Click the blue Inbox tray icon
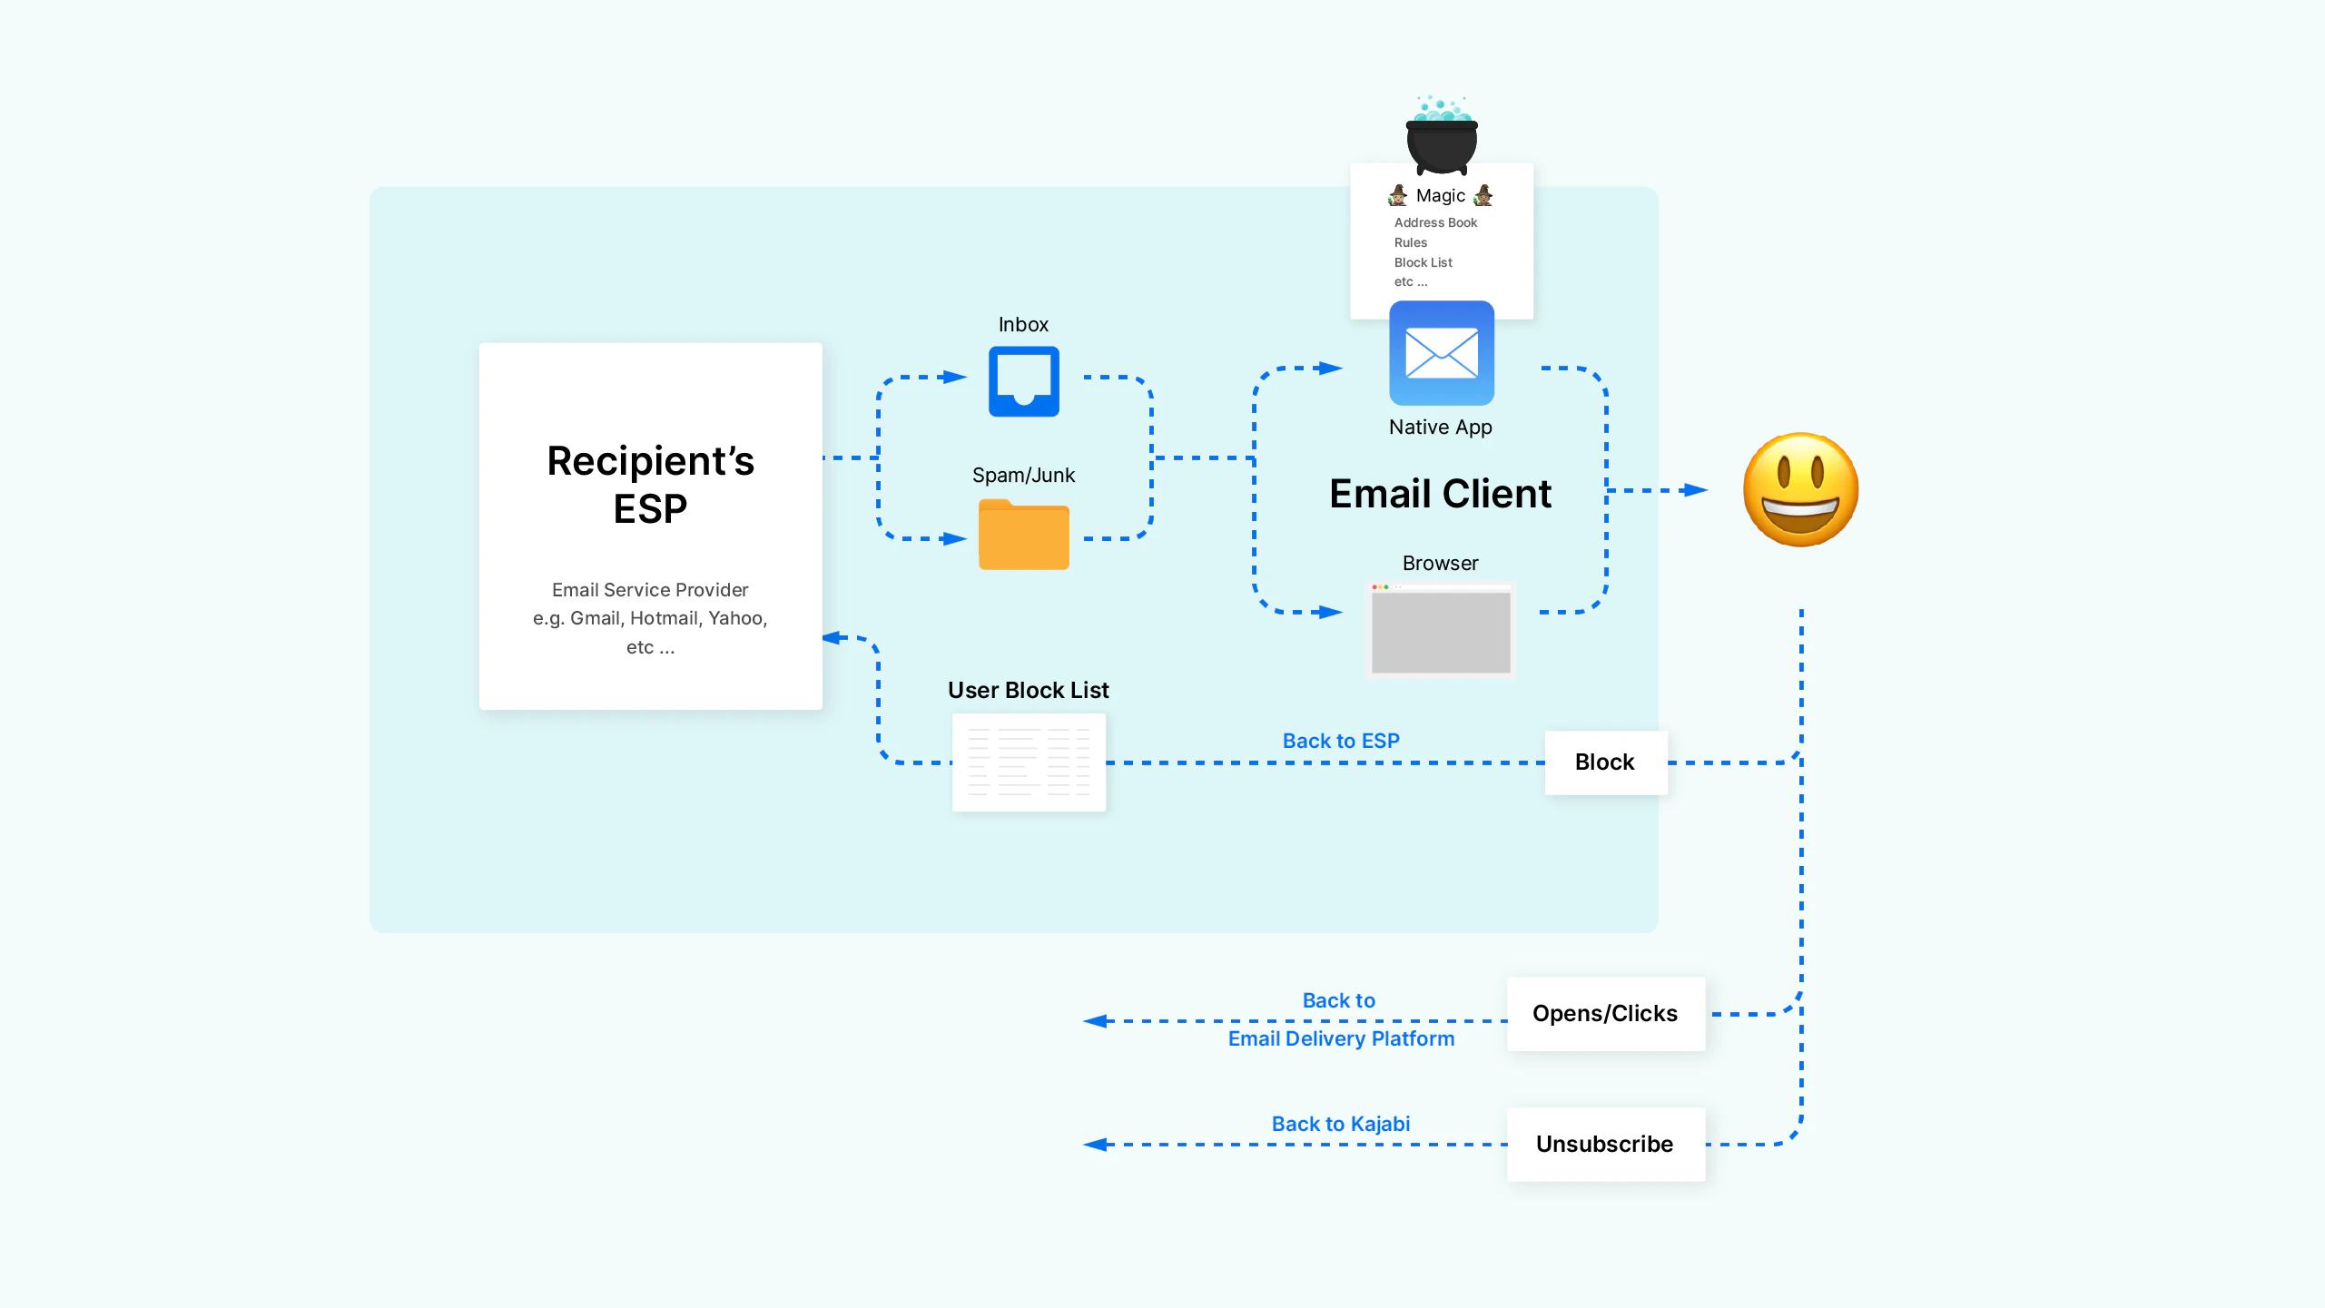[1023, 381]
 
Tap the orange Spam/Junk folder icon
[1023, 536]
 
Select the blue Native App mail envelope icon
[1441, 353]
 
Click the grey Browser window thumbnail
[1441, 631]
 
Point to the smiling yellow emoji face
[1800, 490]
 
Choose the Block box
[1605, 762]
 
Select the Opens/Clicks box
[1605, 1014]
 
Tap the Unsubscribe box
[1605, 1144]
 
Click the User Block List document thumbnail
[1029, 762]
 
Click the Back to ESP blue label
[1341, 741]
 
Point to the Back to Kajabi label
[1341, 1124]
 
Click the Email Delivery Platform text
[1341, 1039]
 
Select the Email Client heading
[1441, 494]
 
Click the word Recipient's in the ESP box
[650, 461]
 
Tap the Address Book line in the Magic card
[1435, 222]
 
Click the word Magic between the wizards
[1441, 196]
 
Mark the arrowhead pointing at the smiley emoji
[1694, 490]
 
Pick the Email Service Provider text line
[650, 590]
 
